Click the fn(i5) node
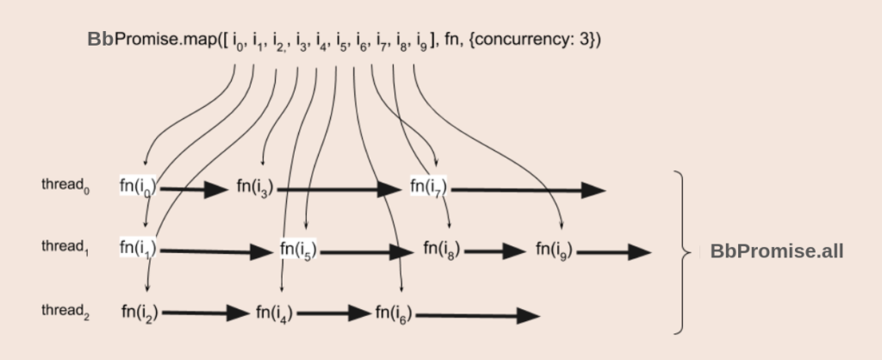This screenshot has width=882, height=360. [298, 250]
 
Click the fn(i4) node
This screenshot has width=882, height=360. [274, 313]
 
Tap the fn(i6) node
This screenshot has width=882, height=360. [394, 313]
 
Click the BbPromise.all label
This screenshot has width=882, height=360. [776, 251]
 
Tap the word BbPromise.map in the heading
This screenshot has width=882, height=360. [146, 40]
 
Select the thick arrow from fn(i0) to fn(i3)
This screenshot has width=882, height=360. [193, 189]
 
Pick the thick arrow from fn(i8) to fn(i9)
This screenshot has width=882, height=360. [494, 251]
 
